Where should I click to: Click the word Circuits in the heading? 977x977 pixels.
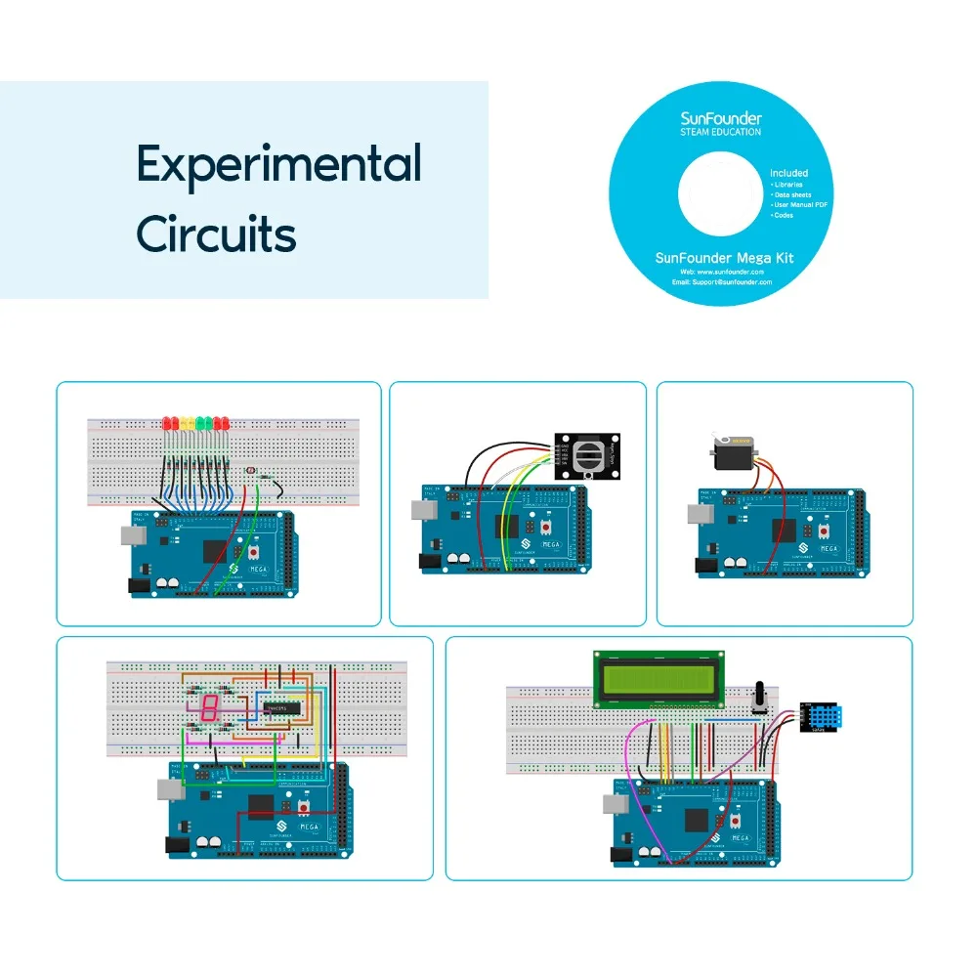[x=216, y=234]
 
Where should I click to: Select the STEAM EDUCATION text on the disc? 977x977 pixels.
[x=721, y=132]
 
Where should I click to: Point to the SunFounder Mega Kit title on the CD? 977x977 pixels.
[x=724, y=258]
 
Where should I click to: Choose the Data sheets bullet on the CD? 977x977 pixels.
[x=791, y=194]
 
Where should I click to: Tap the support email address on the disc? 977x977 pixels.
[x=724, y=281]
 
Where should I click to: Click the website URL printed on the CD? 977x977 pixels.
[x=724, y=271]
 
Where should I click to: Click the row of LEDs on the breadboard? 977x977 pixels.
[x=196, y=424]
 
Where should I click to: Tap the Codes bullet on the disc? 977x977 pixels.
[x=783, y=215]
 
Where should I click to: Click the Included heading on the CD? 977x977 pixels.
[x=789, y=173]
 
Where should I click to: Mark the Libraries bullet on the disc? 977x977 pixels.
[x=787, y=184]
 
